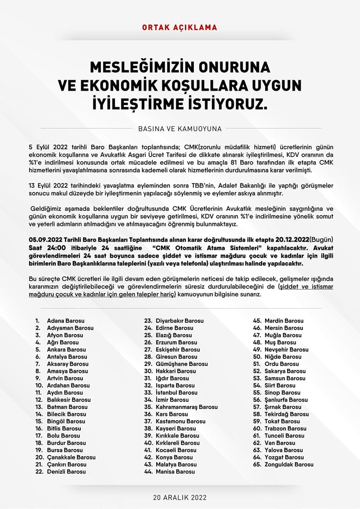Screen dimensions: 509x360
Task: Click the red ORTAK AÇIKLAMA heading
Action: point(180,27)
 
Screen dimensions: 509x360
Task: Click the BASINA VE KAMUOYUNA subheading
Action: point(180,128)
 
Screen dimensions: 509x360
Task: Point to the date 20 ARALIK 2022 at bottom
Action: point(180,497)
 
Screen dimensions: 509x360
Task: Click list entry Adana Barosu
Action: point(66,321)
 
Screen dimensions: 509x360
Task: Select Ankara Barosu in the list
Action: point(66,349)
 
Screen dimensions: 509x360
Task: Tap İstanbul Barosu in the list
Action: point(176,392)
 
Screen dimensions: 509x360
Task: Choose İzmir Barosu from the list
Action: point(172,400)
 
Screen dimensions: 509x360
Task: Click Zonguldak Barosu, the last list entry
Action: point(289,464)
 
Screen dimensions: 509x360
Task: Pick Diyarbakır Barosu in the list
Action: point(179,321)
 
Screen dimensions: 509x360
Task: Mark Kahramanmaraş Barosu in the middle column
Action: point(186,407)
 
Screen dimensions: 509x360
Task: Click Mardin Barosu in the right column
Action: point(284,321)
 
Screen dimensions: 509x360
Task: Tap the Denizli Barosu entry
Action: point(66,472)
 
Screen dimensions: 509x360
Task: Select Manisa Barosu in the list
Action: point(175,472)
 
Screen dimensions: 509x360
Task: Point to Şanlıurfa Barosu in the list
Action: point(286,400)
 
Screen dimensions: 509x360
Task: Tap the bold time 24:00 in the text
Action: point(56,248)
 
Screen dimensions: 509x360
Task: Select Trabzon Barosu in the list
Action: point(285,428)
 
